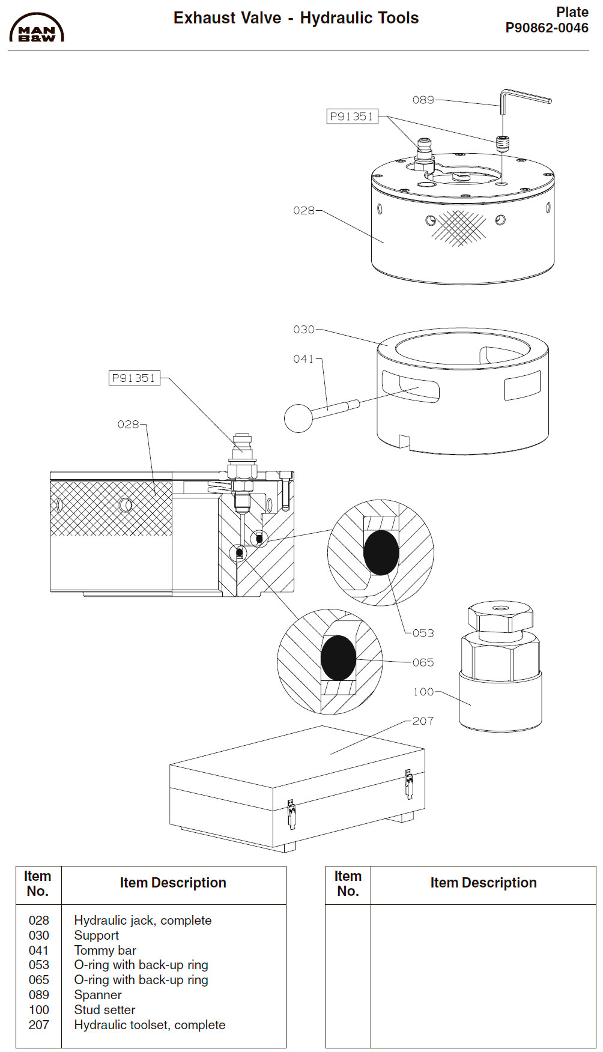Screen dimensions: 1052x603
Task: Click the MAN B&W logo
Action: pos(37,28)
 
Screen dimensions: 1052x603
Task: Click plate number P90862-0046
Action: pos(547,28)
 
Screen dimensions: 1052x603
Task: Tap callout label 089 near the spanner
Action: pos(423,100)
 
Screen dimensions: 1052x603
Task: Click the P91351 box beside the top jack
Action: pos(352,116)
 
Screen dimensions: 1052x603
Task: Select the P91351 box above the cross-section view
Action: pos(134,378)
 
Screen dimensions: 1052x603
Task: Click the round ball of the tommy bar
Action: pos(298,418)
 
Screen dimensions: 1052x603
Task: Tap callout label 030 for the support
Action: pos(303,330)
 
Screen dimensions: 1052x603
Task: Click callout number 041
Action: pos(303,359)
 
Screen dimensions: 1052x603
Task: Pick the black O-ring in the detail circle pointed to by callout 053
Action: pos(381,552)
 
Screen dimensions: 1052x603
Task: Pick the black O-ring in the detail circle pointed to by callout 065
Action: pos(338,658)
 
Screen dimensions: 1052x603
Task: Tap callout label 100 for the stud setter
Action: pos(423,692)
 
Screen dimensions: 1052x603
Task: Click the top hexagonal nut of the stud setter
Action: pos(500,618)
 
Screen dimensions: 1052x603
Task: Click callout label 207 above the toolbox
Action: pos(423,721)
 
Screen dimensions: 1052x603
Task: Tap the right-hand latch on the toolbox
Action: pos(409,784)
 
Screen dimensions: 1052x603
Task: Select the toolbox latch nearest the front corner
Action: pos(292,814)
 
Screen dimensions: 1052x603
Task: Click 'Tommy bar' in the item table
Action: pos(105,951)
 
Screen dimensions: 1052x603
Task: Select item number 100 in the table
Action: pos(39,1010)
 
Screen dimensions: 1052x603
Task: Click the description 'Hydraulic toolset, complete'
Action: pos(150,1025)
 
